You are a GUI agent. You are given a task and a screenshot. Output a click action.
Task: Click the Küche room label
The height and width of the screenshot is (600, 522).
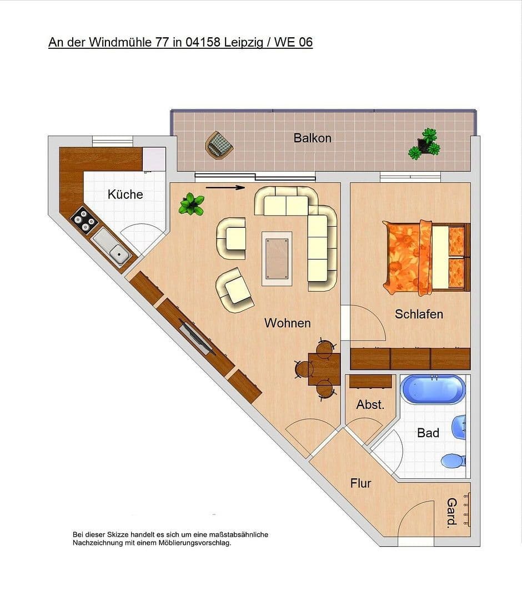coord(125,194)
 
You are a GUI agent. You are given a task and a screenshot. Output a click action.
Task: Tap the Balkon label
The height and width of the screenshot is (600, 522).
coord(312,138)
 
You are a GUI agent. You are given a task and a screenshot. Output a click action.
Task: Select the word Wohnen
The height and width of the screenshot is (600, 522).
coord(287,323)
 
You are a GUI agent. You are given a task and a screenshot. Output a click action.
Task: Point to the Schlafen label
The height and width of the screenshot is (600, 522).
coord(419,314)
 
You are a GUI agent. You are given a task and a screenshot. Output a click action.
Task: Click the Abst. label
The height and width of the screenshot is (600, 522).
coord(370,405)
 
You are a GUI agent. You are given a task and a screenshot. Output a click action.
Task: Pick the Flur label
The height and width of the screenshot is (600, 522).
coord(360,483)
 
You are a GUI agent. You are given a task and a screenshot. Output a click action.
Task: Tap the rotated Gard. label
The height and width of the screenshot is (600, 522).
coord(452,512)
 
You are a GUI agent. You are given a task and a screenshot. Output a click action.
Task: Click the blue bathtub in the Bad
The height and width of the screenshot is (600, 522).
coord(433,389)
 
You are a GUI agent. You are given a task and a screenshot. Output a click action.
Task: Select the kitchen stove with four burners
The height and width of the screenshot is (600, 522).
coord(85,219)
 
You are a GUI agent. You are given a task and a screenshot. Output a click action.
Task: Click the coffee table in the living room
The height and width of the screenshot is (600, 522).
coord(277,258)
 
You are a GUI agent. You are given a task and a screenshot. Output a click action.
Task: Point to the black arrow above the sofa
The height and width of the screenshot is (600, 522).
coord(225,188)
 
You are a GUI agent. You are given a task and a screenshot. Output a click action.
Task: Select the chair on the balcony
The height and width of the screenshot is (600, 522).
coord(218,145)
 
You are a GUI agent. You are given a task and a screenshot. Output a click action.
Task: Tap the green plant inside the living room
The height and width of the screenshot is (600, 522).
coord(192,204)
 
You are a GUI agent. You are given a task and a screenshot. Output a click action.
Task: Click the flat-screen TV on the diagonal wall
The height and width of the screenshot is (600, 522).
coord(196,337)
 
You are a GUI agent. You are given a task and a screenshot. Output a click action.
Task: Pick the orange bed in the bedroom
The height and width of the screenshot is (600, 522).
coord(425,257)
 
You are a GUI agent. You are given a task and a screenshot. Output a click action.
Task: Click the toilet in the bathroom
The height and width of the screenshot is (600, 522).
coord(453,461)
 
